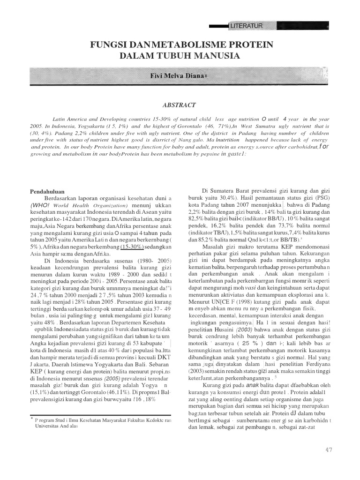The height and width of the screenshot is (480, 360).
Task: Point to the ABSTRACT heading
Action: (x=180, y=105)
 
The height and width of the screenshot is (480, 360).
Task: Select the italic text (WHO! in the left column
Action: (x=41, y=205)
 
